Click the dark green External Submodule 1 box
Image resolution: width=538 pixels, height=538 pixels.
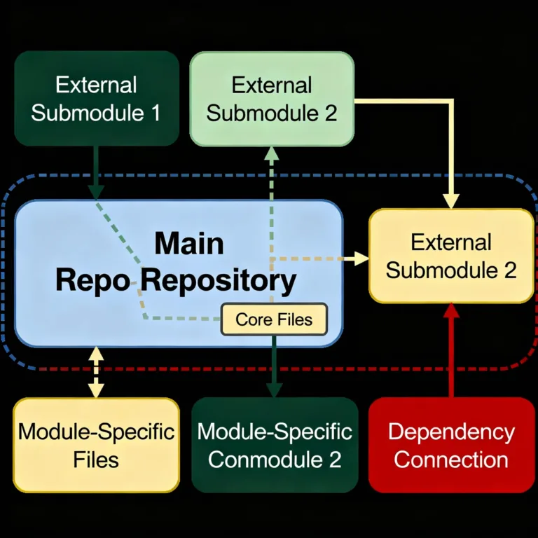click(97, 98)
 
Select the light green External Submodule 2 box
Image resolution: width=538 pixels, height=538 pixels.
click(272, 98)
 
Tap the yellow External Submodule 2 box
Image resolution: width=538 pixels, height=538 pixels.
click(451, 256)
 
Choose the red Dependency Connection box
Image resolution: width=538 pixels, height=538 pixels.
click(451, 445)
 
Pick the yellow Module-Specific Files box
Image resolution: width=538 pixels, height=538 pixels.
click(97, 445)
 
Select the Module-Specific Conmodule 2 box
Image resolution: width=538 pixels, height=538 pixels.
click(274, 445)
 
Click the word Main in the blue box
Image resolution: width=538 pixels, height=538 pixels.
click(189, 244)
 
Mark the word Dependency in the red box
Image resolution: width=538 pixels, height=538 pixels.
click(451, 431)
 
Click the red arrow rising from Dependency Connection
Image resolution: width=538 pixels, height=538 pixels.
click(451, 350)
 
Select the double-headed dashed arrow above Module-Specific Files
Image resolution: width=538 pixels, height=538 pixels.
click(96, 372)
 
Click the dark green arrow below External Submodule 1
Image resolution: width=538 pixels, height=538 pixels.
click(97, 175)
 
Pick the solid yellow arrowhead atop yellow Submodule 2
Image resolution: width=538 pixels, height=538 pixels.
click(452, 201)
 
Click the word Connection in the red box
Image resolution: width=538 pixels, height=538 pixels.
click(451, 460)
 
